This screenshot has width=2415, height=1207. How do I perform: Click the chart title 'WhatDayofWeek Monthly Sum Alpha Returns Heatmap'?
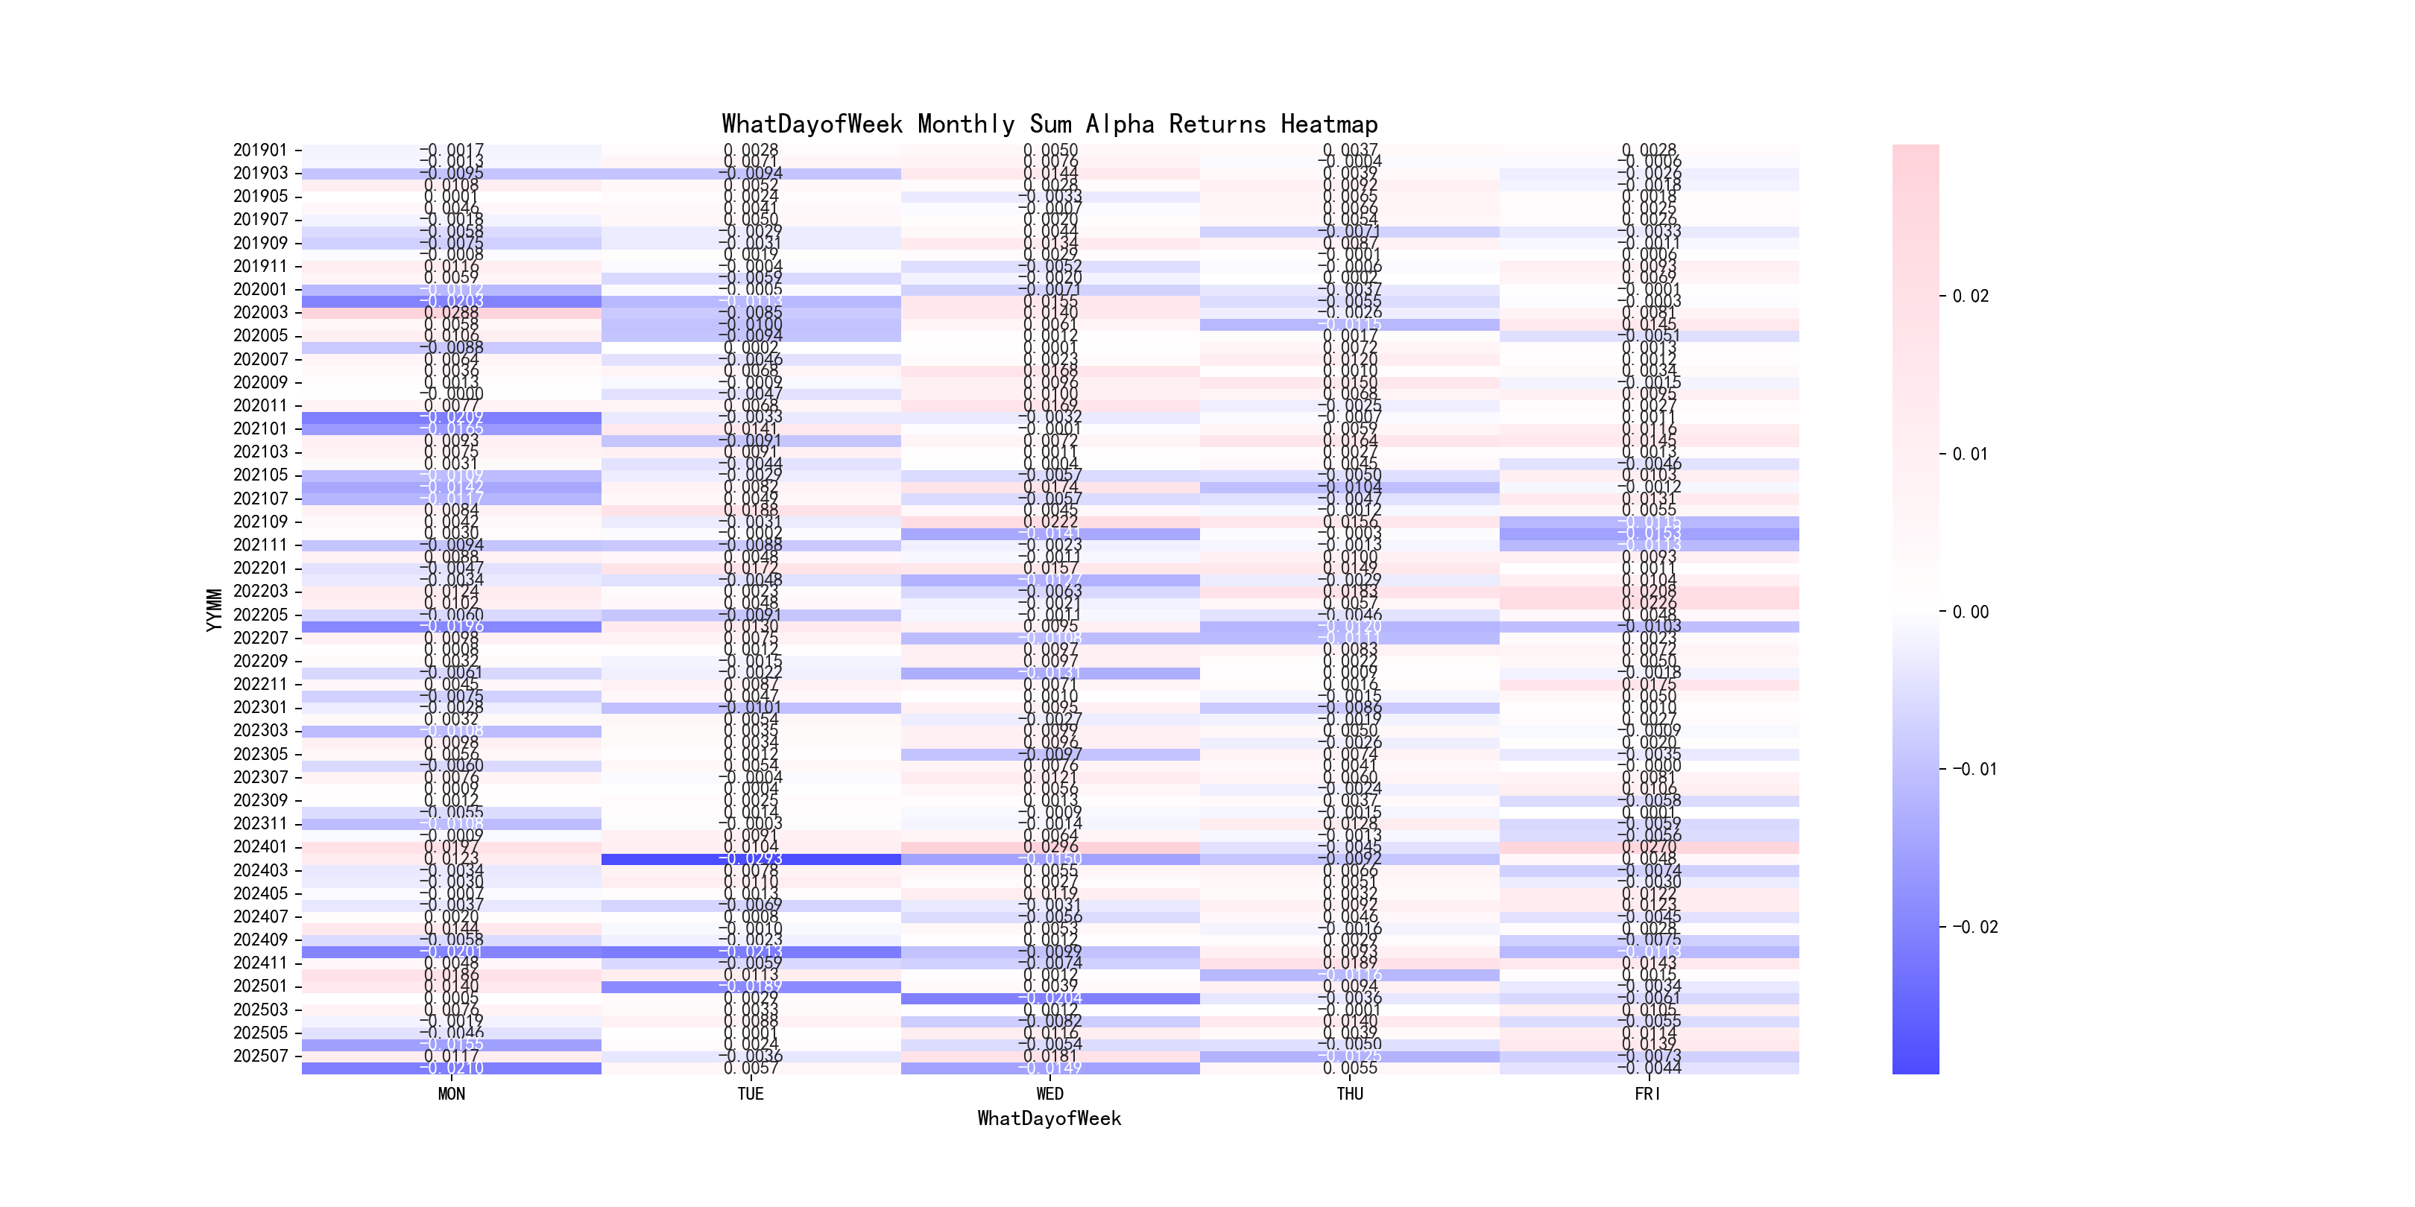point(1049,124)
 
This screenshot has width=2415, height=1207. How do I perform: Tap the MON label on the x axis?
point(451,1094)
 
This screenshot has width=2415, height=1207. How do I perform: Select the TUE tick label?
point(750,1094)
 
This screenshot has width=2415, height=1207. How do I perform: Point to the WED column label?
point(1049,1094)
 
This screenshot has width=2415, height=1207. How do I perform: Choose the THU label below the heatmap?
point(1349,1094)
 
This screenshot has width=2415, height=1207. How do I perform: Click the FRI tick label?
point(1648,1094)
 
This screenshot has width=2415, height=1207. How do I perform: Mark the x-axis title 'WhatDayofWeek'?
point(1049,1118)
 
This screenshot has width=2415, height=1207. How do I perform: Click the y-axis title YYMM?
point(215,609)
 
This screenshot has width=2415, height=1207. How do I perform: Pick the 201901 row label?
point(259,150)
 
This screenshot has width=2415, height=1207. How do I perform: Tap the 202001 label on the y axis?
point(259,290)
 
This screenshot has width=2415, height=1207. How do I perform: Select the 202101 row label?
point(259,428)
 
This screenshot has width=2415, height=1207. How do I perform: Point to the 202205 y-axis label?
point(259,615)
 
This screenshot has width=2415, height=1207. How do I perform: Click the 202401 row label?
point(259,847)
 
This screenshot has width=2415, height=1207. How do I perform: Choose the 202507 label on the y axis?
point(259,1056)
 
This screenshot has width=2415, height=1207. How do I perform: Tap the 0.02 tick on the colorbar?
point(1970,296)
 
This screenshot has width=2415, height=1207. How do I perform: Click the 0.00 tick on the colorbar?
point(1970,612)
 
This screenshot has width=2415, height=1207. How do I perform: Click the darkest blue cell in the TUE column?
point(750,859)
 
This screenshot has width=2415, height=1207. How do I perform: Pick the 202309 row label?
point(259,800)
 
